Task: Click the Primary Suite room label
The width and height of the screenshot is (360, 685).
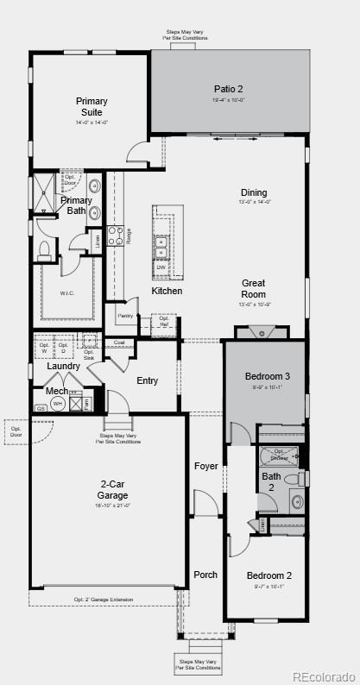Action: [x=92, y=106]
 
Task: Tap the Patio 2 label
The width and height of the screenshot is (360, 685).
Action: [x=229, y=89]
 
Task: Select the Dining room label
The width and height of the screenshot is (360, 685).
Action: [x=254, y=192]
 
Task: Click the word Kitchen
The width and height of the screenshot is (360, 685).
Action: [x=167, y=291]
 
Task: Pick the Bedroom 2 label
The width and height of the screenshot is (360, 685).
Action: [x=269, y=575]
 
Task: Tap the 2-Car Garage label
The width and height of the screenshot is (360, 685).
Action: [x=112, y=490]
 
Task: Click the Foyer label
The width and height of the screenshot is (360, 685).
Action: [x=205, y=466]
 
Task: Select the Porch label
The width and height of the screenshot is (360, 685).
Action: [x=205, y=575]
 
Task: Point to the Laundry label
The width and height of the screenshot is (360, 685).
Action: [x=63, y=366]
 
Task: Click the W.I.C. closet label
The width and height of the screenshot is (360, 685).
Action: [x=68, y=293]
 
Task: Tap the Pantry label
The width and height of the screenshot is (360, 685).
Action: [x=125, y=316]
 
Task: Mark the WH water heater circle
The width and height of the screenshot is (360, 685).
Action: [x=57, y=403]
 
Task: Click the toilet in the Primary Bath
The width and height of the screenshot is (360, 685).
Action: [x=44, y=250]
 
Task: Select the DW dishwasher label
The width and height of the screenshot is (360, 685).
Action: [x=161, y=267]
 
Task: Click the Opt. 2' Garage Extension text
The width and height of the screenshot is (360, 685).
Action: [x=104, y=600]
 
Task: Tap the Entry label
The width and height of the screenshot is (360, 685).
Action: [x=148, y=380]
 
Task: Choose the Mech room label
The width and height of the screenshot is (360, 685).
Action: [x=57, y=391]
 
